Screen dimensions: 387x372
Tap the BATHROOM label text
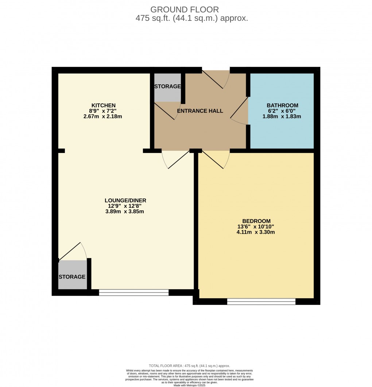click(282, 106)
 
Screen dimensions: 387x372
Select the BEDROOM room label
click(256, 221)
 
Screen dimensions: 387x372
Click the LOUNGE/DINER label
click(125, 200)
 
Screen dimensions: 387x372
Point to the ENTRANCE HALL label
click(200, 111)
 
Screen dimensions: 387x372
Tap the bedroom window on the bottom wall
click(261, 301)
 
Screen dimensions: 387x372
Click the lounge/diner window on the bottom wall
click(134, 292)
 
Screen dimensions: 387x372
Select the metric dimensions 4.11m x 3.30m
click(256, 232)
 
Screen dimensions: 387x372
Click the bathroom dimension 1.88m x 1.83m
click(282, 116)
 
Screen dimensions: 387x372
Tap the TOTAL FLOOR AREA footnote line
click(189, 366)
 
